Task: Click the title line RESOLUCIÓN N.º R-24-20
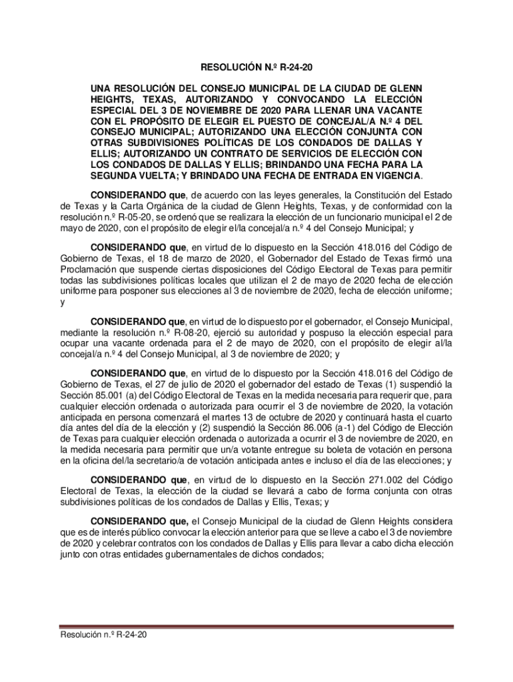point(256,68)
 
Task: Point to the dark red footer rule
point(256,626)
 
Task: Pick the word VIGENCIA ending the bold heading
point(394,175)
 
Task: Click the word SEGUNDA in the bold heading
point(113,175)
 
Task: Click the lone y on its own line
point(62,302)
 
